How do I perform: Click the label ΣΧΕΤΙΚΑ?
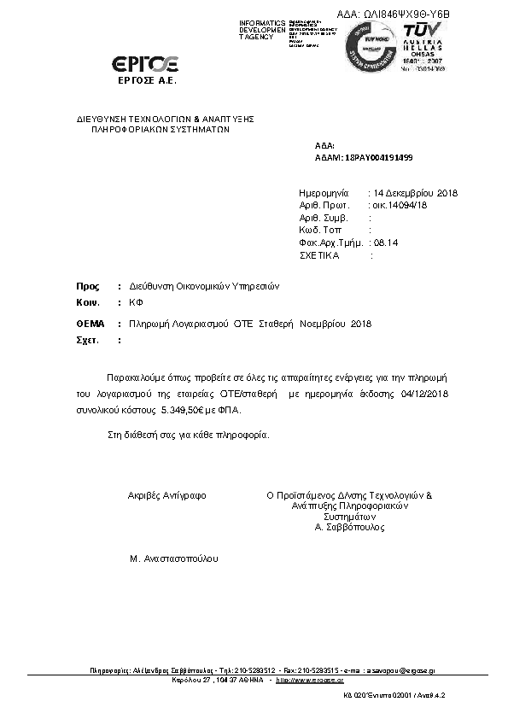pos(320,255)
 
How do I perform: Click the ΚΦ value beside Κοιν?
pos(135,303)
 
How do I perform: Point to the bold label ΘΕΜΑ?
pos(91,324)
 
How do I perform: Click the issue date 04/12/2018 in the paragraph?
pos(423,393)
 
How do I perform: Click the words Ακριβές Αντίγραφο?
pos(166,495)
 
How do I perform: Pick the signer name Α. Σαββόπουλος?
pos(350,527)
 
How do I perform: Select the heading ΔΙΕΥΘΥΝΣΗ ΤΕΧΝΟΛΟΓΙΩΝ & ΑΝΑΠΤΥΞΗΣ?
pos(166,119)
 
